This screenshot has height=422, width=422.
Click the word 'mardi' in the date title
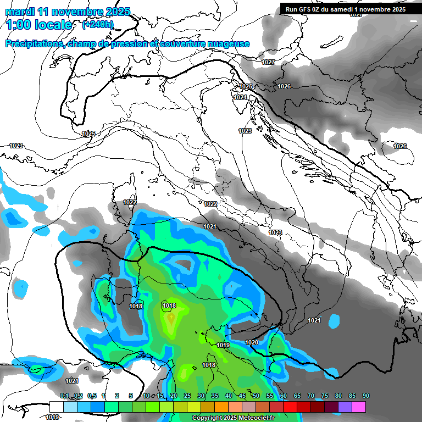(x=19, y=12)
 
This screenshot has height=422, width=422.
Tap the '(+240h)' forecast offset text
(x=98, y=24)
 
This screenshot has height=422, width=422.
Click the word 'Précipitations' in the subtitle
(x=35, y=44)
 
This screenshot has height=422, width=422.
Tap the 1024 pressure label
(x=240, y=97)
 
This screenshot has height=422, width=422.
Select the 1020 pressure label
(x=252, y=342)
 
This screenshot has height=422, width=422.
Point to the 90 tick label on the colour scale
(x=366, y=396)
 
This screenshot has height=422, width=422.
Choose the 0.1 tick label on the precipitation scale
(x=64, y=396)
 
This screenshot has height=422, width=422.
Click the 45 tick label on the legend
(x=242, y=396)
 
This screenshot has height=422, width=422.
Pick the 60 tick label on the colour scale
(x=284, y=396)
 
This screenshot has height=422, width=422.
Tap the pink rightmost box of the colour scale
(x=359, y=407)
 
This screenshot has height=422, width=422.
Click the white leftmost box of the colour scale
(x=56, y=407)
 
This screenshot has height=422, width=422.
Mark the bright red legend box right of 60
(x=290, y=407)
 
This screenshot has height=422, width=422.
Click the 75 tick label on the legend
(x=325, y=396)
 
